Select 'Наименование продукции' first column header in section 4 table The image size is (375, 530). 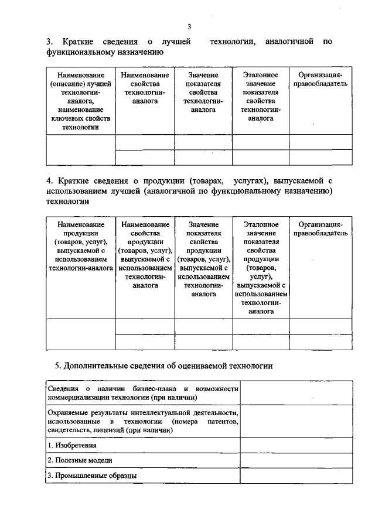coord(81,246)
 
